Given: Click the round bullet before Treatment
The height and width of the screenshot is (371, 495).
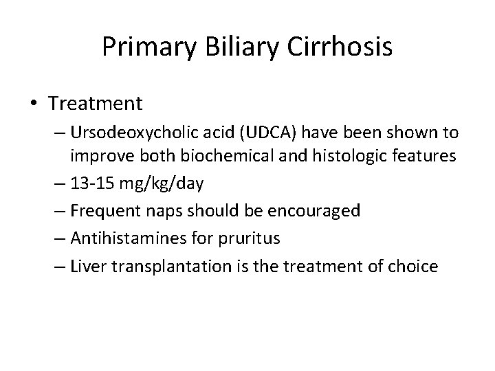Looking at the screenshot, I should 35,104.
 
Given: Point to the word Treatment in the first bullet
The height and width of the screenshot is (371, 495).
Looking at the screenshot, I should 96,104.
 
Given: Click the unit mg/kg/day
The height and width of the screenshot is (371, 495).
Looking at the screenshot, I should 155,184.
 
